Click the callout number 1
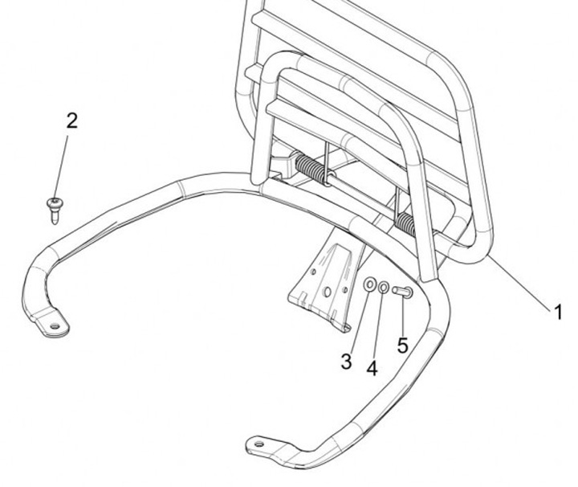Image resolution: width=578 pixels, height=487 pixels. [558, 311]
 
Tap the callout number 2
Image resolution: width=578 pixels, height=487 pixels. [71, 121]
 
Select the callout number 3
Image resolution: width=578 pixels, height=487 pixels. [346, 362]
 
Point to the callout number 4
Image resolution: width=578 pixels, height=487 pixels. [372, 367]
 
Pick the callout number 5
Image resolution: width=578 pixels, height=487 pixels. [402, 346]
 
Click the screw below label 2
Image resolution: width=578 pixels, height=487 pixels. [55, 207]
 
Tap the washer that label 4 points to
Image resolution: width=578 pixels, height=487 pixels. [385, 288]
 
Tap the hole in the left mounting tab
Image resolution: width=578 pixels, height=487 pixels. [55, 325]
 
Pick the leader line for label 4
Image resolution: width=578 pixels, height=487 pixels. [377, 321]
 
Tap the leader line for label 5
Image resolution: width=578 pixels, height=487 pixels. [402, 317]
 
